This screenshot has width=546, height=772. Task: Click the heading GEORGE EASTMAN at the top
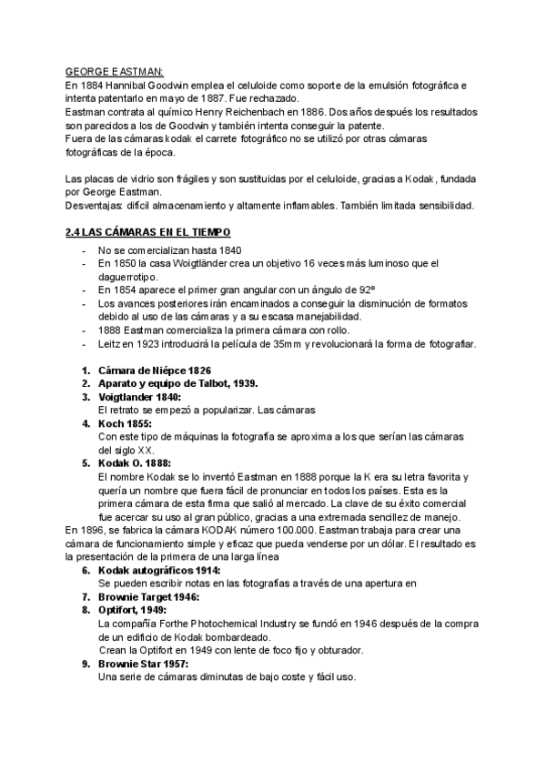pyautogui.click(x=114, y=73)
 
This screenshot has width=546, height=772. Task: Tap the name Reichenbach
pyautogui.click(x=268, y=111)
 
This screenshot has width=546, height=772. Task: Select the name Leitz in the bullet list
pyautogui.click(x=110, y=344)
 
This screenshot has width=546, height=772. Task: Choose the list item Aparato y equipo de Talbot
pyautogui.click(x=164, y=384)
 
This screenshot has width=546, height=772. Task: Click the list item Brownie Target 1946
pyautogui.click(x=148, y=596)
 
